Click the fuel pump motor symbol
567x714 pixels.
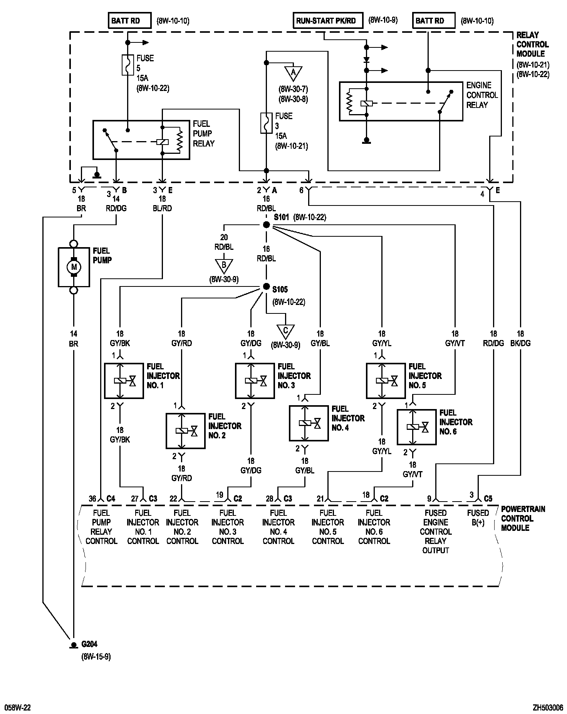click(74, 267)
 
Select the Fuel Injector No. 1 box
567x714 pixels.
click(124, 381)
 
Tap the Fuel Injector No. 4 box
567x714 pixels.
click(309, 423)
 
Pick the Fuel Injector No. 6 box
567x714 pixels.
click(416, 427)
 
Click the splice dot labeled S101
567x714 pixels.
click(266, 225)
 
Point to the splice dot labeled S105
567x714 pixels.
click(266, 287)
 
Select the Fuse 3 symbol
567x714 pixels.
click(266, 123)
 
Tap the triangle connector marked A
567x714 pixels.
click(293, 72)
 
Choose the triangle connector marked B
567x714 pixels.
click(224, 266)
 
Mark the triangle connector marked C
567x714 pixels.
click(285, 331)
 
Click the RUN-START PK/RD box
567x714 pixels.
click(328, 21)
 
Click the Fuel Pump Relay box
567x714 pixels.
click(141, 140)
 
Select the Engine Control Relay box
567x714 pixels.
click(401, 101)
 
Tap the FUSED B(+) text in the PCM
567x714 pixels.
click(478, 518)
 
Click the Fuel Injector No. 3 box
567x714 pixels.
click(255, 381)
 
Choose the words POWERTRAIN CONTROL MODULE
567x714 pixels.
click(523, 518)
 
